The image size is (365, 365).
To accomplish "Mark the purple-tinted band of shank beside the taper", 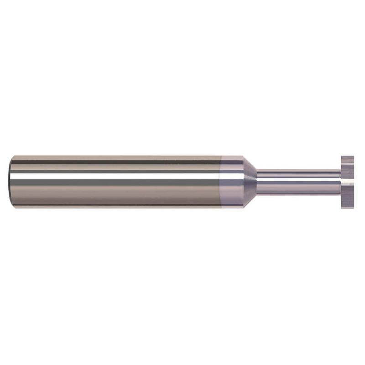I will [231, 182].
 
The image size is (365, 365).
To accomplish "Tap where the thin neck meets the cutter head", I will [340, 182].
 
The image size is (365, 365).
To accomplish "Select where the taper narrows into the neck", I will [257, 182].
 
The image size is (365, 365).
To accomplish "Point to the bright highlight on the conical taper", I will [249, 176].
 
